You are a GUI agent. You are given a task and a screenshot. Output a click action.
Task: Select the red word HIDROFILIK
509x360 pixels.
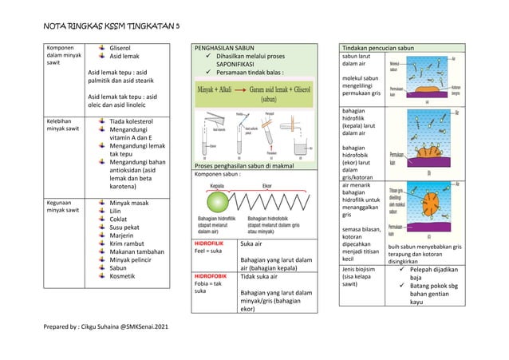point(208,241)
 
